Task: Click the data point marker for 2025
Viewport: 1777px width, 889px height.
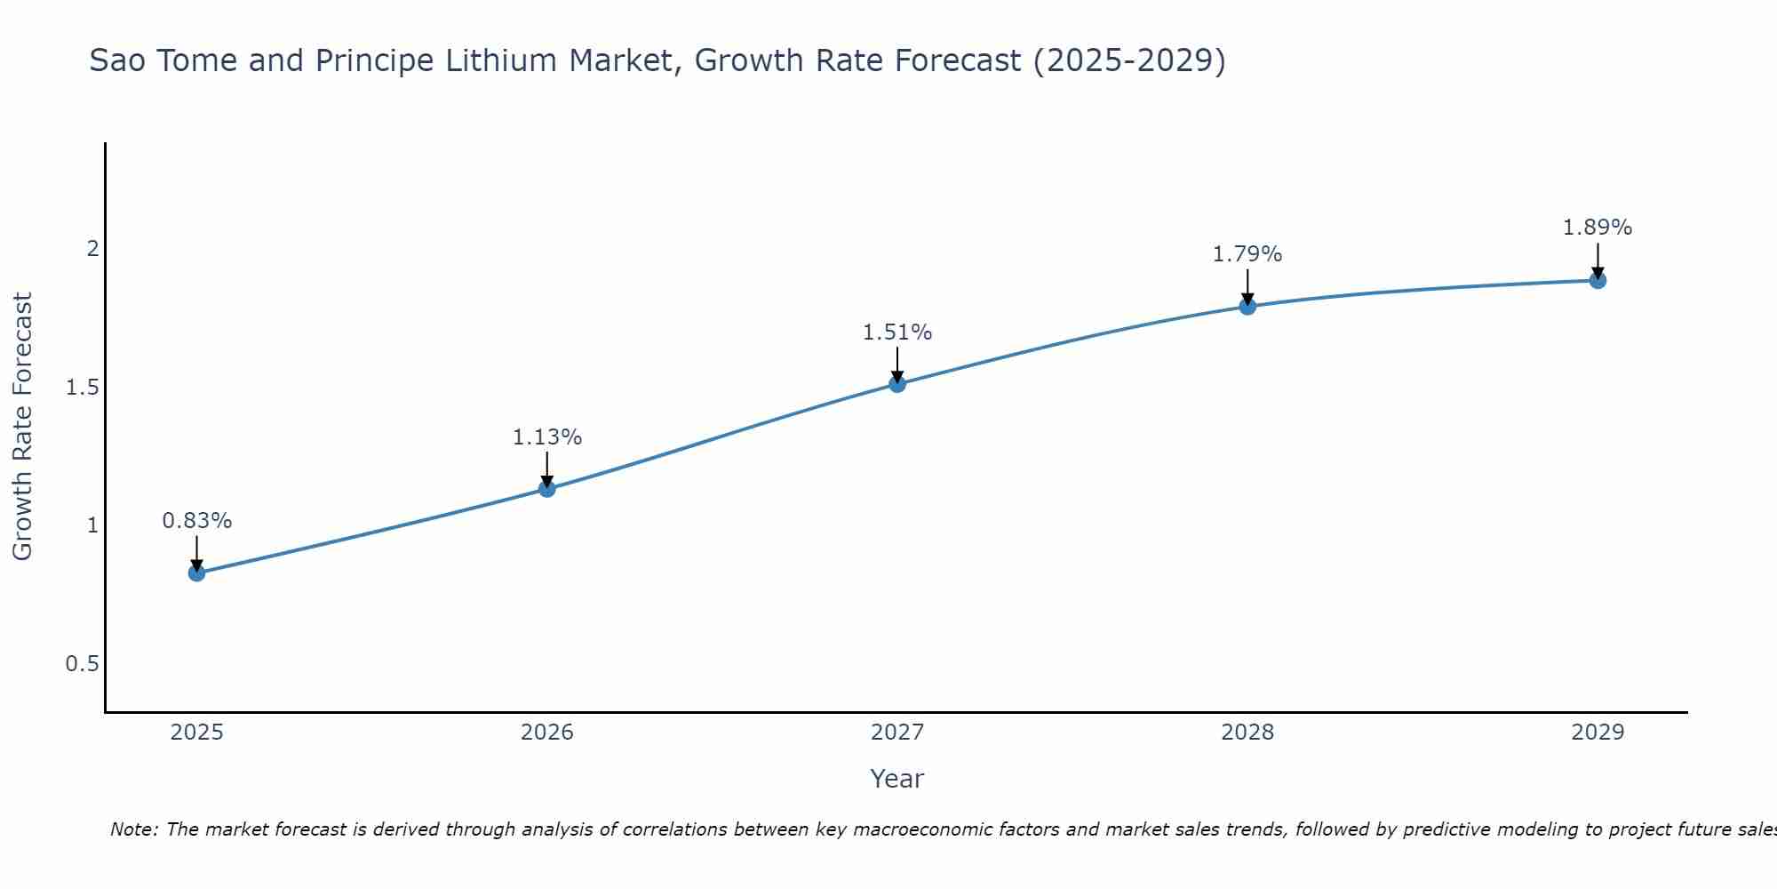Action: tap(197, 573)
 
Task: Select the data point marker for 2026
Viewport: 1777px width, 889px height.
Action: tap(547, 489)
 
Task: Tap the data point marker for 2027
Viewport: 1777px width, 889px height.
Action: tap(897, 384)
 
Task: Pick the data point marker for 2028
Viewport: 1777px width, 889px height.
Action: tap(1247, 307)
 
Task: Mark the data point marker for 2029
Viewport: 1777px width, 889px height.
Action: tap(1598, 281)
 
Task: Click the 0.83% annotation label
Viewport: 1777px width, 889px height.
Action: tap(197, 521)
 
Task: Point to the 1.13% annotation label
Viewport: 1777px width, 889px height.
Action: tap(547, 437)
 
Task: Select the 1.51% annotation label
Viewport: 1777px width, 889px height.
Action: tap(897, 332)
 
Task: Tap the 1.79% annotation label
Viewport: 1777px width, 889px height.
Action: tap(1247, 254)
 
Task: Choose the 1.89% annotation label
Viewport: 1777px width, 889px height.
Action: tap(1598, 228)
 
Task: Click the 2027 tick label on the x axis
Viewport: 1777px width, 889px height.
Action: tap(897, 733)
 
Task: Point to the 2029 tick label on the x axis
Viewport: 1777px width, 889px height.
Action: tap(1598, 733)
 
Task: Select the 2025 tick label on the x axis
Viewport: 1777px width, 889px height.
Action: tap(197, 733)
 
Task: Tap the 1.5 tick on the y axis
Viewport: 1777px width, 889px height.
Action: tap(82, 388)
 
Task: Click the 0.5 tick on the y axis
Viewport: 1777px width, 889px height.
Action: tap(82, 664)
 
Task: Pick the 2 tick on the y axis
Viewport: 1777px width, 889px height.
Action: tap(92, 249)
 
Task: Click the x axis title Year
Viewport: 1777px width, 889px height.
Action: tap(897, 779)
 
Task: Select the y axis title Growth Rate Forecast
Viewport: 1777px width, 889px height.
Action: tap(22, 427)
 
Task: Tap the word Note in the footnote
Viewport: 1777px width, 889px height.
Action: tap(133, 829)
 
